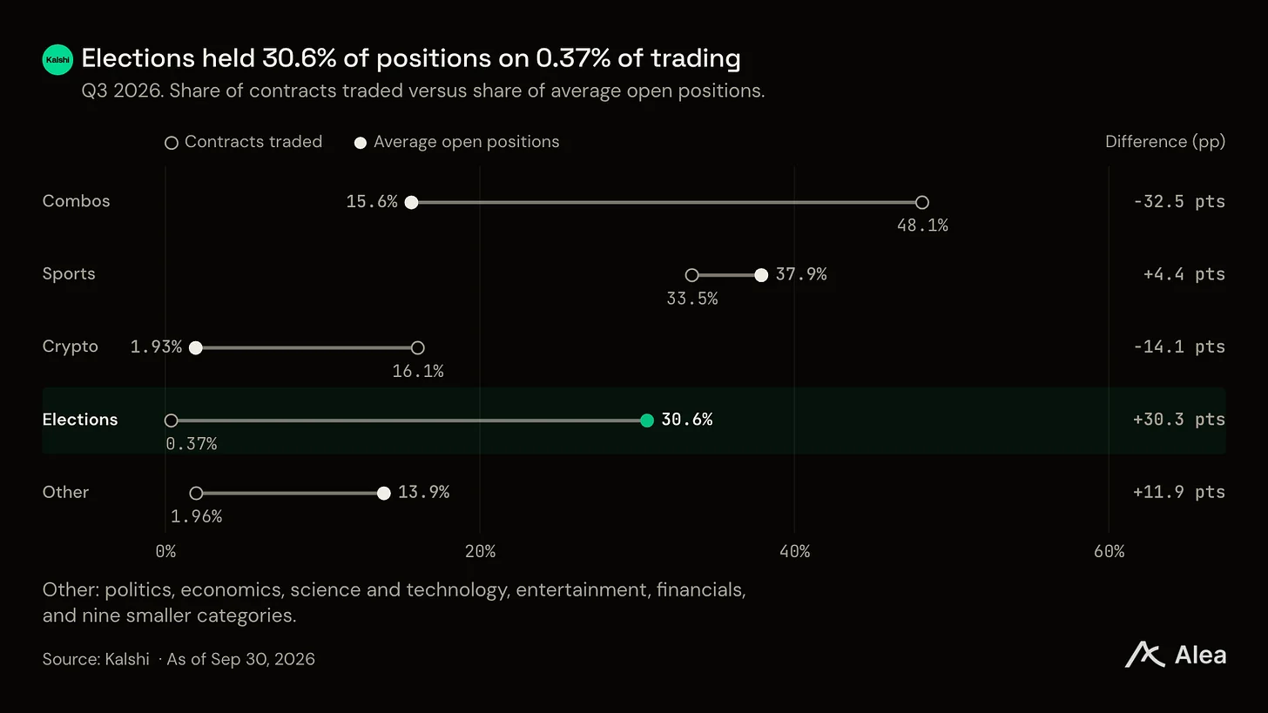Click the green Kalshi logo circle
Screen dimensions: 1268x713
tap(57, 59)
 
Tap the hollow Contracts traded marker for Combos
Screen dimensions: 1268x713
tap(922, 202)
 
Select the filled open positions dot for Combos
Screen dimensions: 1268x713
tap(412, 202)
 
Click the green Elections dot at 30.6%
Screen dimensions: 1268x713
tap(647, 420)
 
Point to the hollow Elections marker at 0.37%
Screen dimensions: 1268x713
tap(171, 420)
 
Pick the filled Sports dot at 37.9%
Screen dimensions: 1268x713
tap(761, 275)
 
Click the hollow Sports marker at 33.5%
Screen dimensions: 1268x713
tap(691, 275)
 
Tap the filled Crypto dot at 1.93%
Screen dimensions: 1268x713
tap(195, 347)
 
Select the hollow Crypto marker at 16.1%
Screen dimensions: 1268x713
tap(418, 347)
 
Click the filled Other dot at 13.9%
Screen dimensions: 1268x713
tap(384, 493)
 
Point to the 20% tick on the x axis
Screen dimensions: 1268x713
tap(480, 551)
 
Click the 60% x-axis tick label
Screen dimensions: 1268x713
tap(1109, 551)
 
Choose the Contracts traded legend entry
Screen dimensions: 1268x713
tap(244, 141)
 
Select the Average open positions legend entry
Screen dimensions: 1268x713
tap(456, 141)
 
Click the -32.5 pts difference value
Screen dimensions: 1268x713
tap(1179, 201)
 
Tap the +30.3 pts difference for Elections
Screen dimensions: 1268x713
tap(1179, 420)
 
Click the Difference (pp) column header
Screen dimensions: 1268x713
tap(1165, 141)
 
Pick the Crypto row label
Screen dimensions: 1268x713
tap(71, 346)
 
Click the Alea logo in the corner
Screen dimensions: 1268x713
tap(1175, 655)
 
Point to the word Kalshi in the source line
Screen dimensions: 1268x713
tap(127, 659)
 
